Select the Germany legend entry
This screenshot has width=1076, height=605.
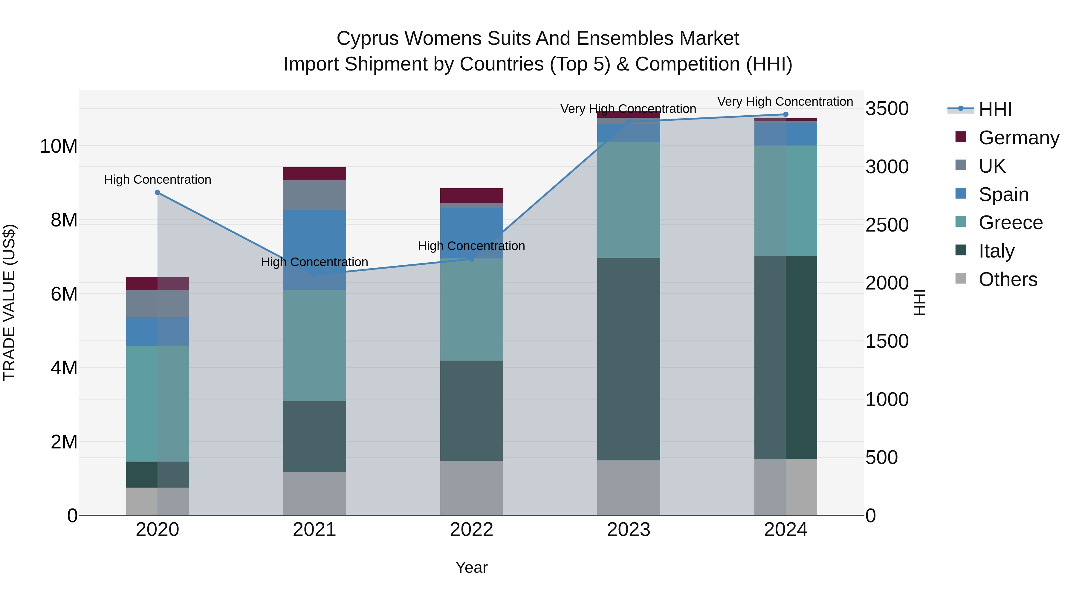coord(1018,138)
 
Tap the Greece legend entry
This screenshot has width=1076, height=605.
coord(1010,223)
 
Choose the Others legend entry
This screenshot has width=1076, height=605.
coord(1008,279)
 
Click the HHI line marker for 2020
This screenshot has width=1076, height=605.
coord(158,192)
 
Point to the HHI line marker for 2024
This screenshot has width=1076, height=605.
coord(786,114)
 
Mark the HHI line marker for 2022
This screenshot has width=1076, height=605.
coord(472,259)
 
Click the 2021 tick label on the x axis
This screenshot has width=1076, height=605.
coord(314,530)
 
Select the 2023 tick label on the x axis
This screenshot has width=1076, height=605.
coord(629,530)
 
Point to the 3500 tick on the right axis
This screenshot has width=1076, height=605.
coord(887,108)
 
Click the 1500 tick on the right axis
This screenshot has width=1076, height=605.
coord(887,341)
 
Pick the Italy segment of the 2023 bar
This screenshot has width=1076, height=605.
coord(629,359)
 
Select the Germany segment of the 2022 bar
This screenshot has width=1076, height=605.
coord(472,195)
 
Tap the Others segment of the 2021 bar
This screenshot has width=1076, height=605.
coord(314,494)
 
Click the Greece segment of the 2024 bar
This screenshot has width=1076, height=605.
coord(786,201)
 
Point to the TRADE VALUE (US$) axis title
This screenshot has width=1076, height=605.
coord(9,302)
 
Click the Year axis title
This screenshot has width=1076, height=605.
coord(472,567)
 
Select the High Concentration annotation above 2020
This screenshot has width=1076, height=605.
coord(158,180)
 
